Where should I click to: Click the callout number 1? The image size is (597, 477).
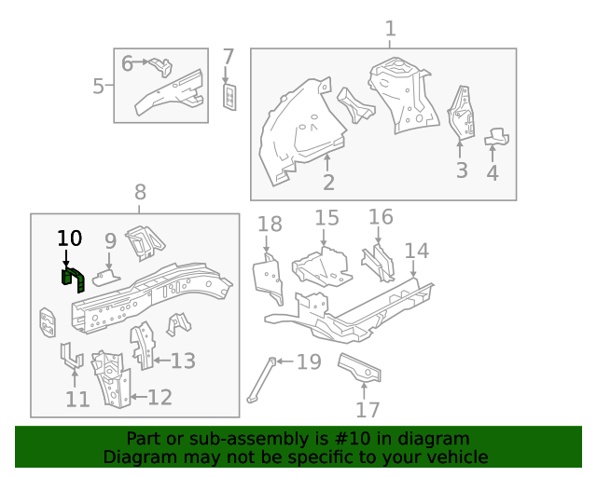[x=390, y=29]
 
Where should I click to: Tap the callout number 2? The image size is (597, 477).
[x=328, y=183]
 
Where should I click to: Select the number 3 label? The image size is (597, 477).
[x=461, y=170]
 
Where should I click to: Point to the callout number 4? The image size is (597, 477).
[x=492, y=172]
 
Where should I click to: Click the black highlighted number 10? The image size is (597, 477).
[x=70, y=238]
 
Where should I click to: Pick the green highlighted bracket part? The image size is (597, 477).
[x=71, y=278]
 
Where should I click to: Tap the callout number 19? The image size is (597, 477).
[x=309, y=361]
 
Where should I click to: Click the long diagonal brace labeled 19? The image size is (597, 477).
[x=261, y=381]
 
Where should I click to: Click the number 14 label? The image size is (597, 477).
[x=416, y=251]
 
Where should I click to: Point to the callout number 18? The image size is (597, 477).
[x=270, y=224]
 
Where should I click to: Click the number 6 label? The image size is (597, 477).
[x=128, y=64]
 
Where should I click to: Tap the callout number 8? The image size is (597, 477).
[x=140, y=193]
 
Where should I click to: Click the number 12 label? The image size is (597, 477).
[x=160, y=398]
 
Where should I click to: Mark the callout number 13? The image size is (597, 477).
[x=183, y=361]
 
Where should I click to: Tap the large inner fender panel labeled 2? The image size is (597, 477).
[x=298, y=130]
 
